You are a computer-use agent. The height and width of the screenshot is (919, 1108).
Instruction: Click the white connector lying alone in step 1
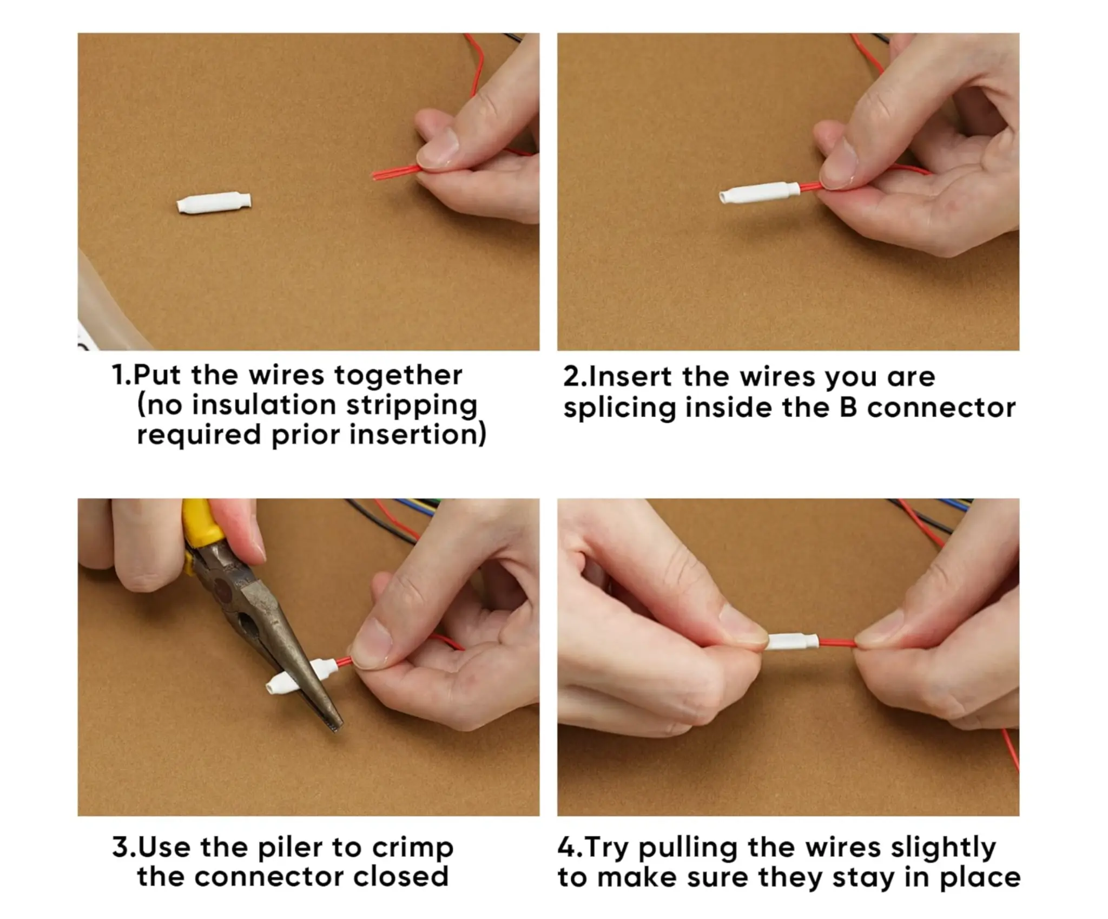(x=214, y=204)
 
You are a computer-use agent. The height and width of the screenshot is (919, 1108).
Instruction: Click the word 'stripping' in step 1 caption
(x=411, y=405)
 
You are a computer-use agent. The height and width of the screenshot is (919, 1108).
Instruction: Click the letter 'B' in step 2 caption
(x=850, y=408)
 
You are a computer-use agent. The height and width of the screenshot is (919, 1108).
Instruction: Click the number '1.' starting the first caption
(x=121, y=375)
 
